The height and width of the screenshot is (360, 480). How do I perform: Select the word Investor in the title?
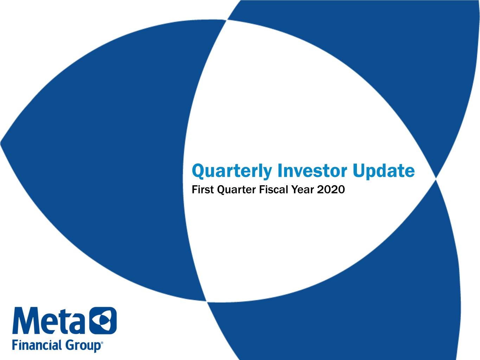pyautogui.click(x=312, y=171)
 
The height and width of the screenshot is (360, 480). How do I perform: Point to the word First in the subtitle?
pyautogui.click(x=203, y=189)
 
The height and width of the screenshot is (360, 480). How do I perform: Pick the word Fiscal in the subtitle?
pyautogui.click(x=275, y=189)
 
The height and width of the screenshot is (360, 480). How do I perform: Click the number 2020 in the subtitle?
pyautogui.click(x=331, y=189)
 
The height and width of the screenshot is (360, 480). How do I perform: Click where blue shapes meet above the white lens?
pyautogui.click(x=227, y=20)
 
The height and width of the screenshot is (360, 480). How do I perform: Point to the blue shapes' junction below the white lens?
pyautogui.click(x=206, y=301)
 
